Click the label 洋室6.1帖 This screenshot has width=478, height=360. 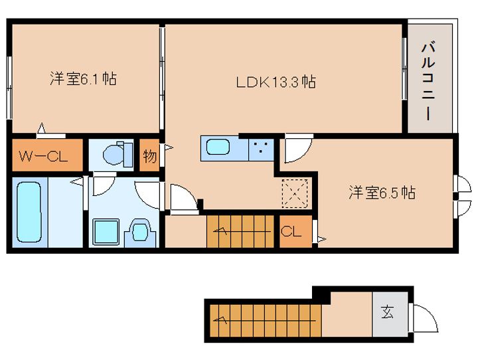click(x=83, y=79)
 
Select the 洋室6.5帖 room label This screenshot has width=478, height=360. click(x=382, y=193)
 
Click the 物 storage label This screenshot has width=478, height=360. click(x=149, y=157)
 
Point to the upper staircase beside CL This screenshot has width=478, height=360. click(x=240, y=231)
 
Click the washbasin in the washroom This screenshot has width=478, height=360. click(x=141, y=232)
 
